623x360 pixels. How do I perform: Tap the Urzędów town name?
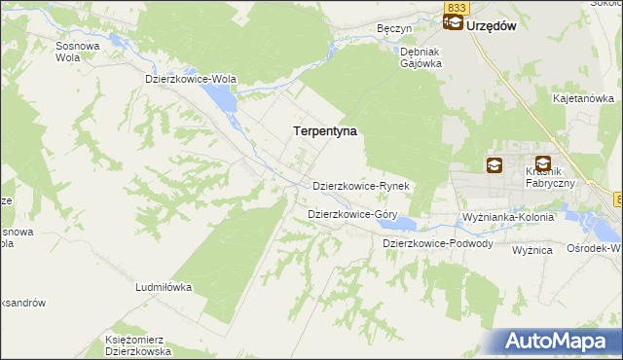(x=490, y=26)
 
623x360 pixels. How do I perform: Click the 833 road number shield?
(x=456, y=8)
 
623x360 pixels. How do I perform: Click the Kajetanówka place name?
(x=582, y=99)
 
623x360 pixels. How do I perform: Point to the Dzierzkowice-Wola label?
(x=191, y=80)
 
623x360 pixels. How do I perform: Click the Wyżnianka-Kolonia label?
(x=507, y=216)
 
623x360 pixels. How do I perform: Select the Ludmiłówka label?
(x=164, y=288)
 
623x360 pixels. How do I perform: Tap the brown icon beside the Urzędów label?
(x=452, y=26)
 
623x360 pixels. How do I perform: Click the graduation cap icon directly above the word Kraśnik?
(x=542, y=164)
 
